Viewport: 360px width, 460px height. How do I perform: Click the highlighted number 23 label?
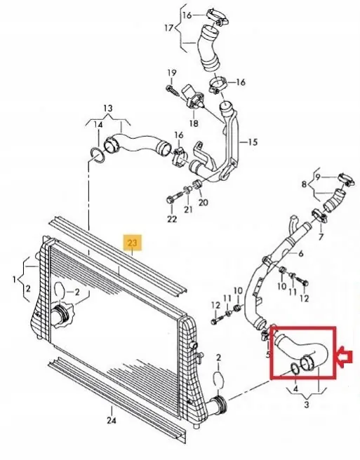133,243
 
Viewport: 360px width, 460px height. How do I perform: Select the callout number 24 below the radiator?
112,420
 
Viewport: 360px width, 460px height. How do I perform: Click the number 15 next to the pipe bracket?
253,142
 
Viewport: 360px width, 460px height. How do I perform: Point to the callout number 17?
169,28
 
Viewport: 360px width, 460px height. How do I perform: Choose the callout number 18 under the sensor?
194,123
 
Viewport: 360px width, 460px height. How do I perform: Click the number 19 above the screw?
172,72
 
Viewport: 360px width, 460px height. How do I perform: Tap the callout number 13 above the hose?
108,108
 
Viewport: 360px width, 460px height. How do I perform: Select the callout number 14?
98,125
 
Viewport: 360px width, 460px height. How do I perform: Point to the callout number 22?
172,219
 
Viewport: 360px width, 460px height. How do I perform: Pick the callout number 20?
204,202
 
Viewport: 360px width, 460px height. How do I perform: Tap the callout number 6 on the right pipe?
300,254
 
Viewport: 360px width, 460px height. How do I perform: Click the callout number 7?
321,236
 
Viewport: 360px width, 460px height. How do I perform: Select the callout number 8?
304,184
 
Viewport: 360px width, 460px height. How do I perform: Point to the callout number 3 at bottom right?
306,405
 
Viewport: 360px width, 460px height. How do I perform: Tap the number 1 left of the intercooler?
14,280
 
